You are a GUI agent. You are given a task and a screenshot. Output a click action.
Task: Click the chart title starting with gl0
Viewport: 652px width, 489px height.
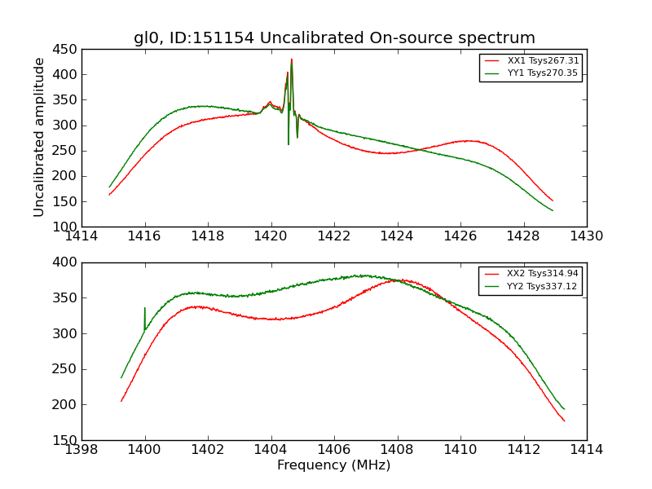[334, 38]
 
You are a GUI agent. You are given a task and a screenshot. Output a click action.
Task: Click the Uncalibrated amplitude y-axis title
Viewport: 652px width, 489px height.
[39, 137]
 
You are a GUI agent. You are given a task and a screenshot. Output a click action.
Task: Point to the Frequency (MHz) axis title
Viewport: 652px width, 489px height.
[334, 465]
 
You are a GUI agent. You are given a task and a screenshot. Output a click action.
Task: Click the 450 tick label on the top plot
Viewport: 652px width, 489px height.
[65, 49]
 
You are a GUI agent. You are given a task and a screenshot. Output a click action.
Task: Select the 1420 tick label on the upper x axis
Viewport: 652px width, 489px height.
[271, 236]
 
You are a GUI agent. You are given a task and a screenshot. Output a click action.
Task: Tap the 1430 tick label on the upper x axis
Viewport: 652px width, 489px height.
[586, 236]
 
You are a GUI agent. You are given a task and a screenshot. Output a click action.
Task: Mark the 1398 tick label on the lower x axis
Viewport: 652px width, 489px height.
[82, 449]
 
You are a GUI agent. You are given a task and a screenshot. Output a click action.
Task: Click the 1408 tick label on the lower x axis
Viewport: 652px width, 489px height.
[398, 449]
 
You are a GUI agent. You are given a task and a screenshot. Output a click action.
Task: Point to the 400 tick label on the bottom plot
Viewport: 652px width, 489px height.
[65, 262]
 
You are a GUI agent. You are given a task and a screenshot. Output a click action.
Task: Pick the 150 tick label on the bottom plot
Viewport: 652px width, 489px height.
[65, 440]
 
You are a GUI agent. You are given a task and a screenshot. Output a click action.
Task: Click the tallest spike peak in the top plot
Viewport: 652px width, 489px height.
[291, 59]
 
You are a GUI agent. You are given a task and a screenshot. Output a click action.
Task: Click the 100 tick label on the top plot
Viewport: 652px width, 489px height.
[65, 227]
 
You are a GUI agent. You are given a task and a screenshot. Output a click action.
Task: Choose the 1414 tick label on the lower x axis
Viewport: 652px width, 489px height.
[586, 449]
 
